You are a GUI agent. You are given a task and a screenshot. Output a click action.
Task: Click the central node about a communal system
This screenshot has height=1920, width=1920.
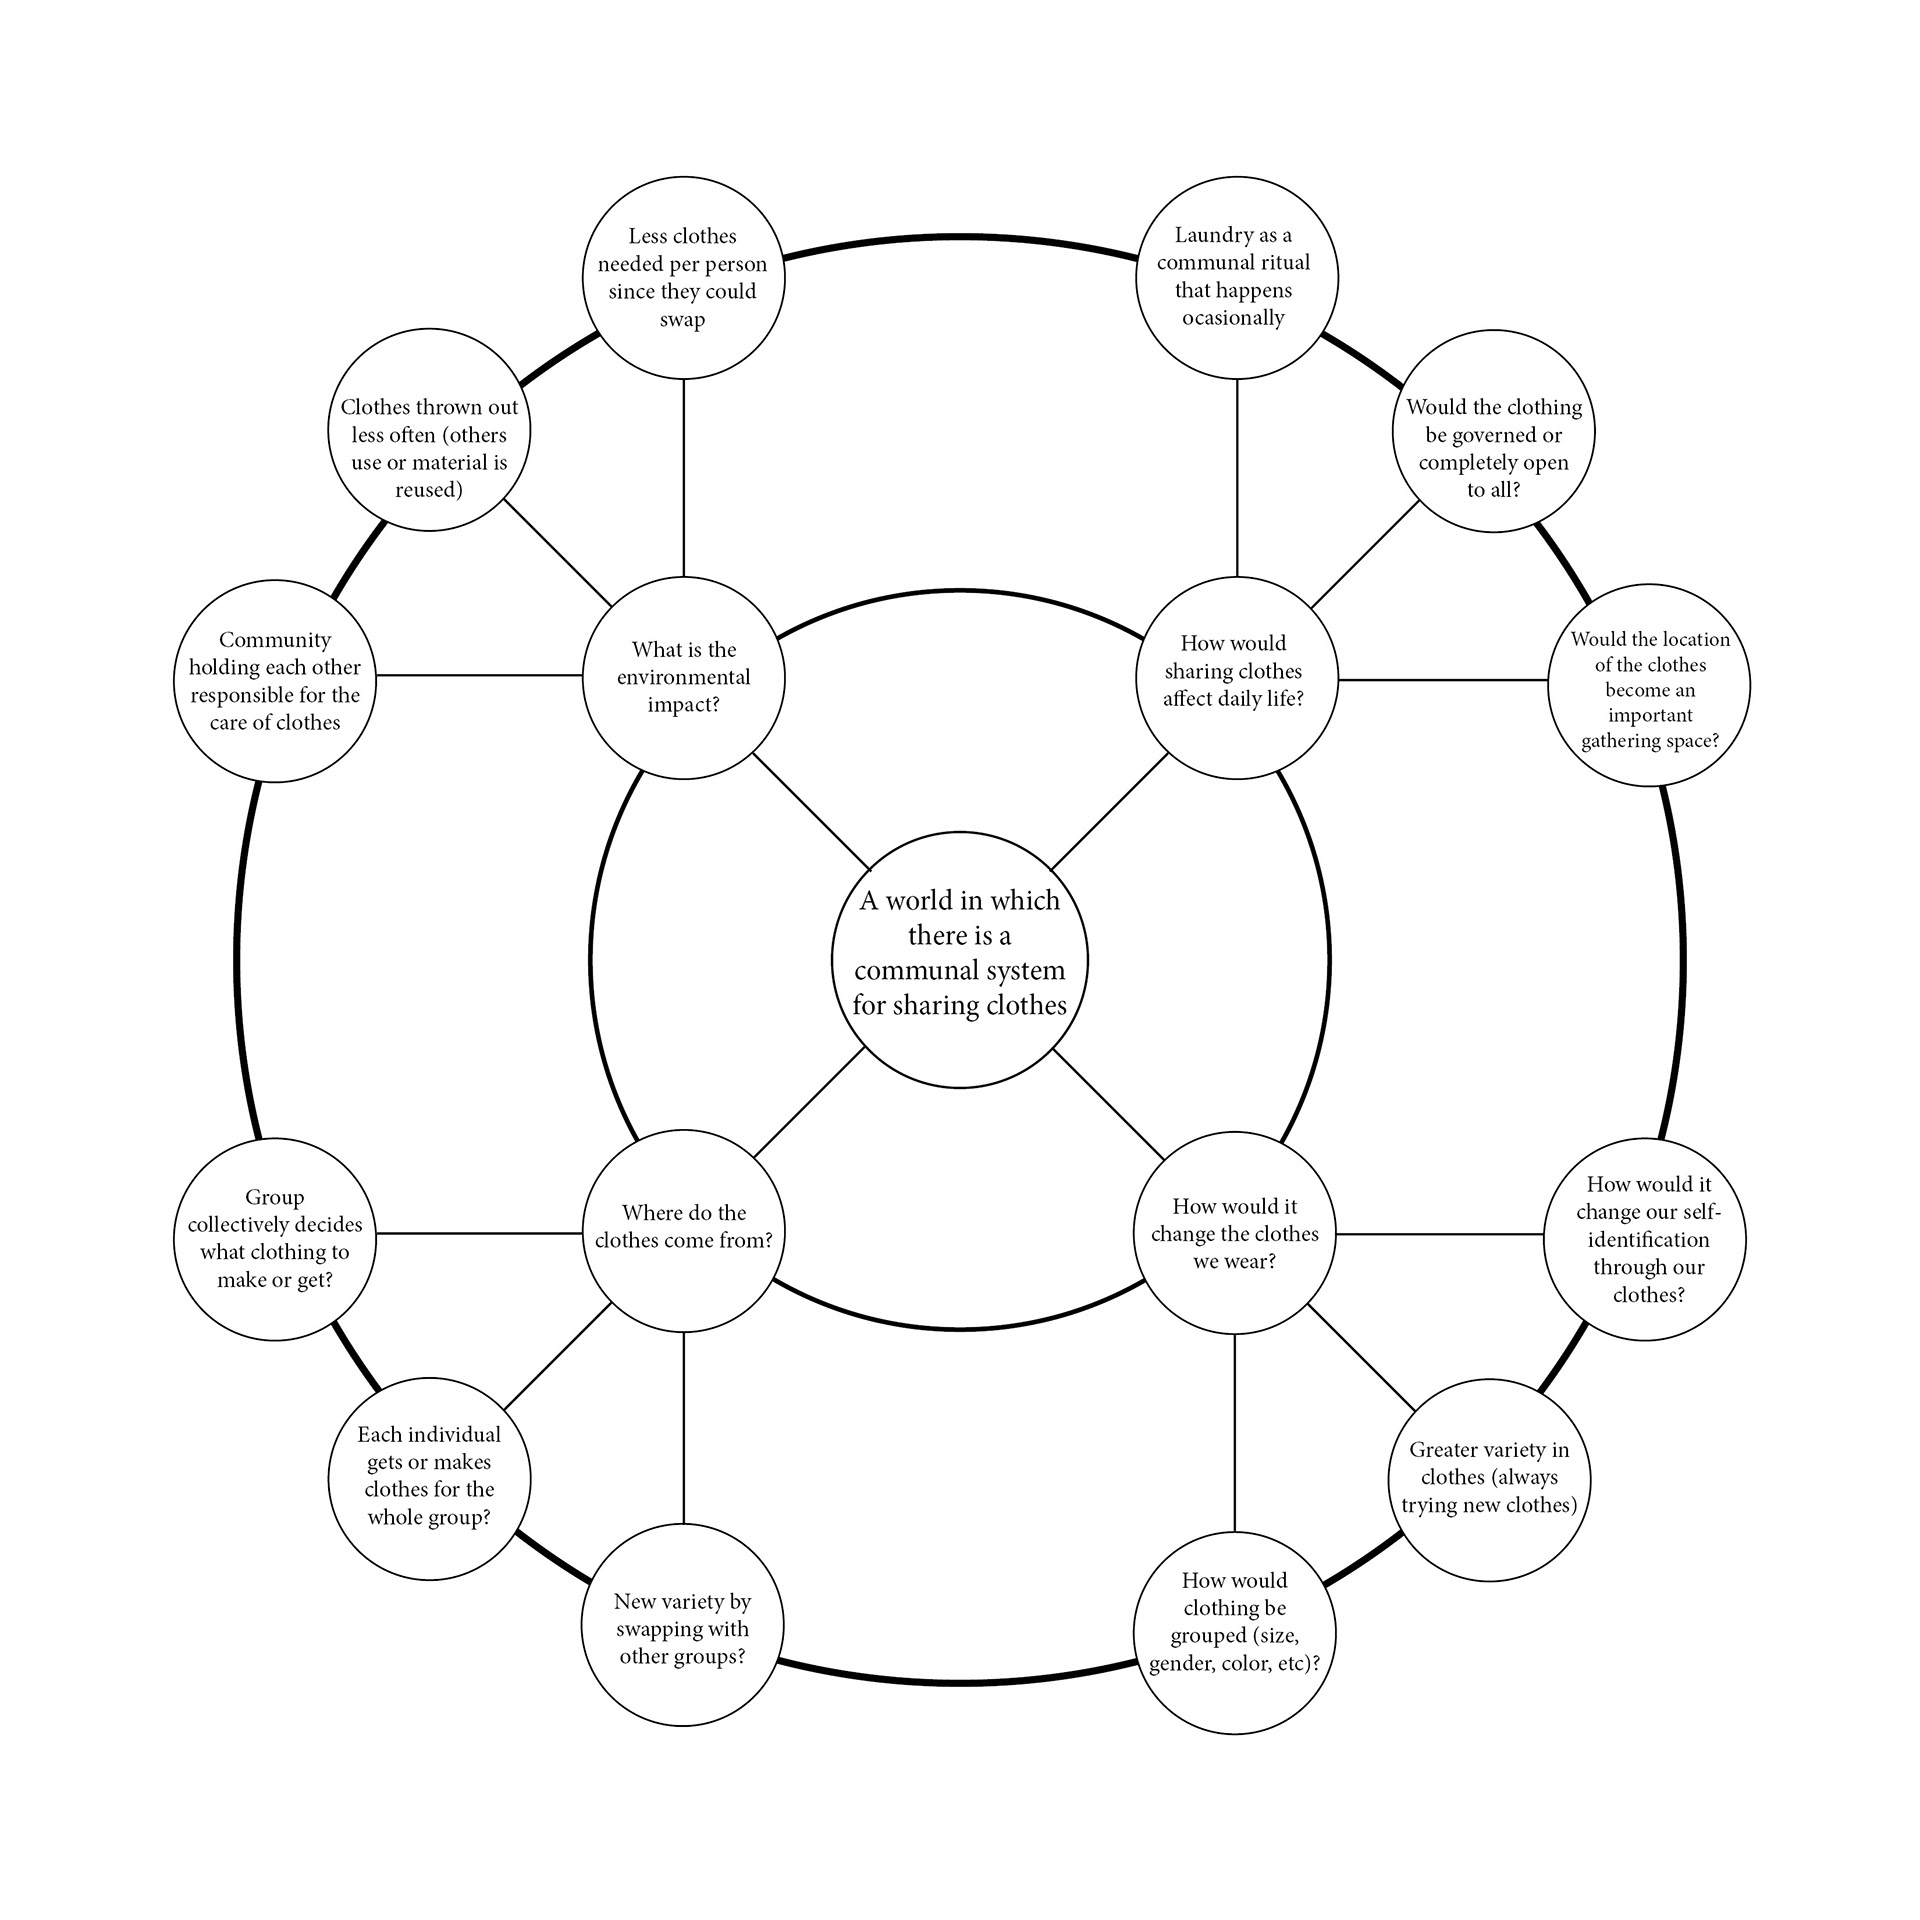tap(959, 959)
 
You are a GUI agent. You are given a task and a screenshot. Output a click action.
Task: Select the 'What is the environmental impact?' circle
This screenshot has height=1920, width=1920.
tap(683, 677)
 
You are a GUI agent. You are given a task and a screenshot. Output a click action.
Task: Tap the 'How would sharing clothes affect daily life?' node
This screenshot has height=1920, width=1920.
tap(1236, 677)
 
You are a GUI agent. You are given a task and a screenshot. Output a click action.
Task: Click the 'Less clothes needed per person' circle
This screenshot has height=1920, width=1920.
tap(683, 277)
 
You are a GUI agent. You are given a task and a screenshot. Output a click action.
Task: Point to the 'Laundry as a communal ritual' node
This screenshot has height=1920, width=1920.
tap(1236, 277)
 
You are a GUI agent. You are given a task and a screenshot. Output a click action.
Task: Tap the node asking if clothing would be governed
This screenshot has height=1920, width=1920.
tap(1493, 432)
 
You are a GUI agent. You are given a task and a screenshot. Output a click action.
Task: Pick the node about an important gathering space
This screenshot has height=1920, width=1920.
tap(1649, 685)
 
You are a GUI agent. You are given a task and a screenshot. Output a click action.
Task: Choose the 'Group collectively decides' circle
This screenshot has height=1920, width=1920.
tap(275, 1238)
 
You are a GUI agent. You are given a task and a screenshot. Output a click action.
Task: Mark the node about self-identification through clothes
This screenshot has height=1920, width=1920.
tap(1645, 1239)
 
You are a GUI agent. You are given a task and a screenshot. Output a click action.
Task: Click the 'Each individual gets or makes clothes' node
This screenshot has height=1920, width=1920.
tap(429, 1479)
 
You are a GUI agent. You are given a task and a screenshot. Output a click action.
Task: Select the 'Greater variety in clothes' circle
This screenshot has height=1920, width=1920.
tap(1489, 1480)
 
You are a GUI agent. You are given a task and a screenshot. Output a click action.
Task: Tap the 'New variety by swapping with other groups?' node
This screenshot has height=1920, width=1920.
tap(682, 1625)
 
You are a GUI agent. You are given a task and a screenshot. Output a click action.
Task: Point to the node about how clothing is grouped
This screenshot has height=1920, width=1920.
tap(1234, 1633)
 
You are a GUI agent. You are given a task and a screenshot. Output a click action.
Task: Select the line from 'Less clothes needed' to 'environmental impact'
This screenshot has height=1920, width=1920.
tap(684, 477)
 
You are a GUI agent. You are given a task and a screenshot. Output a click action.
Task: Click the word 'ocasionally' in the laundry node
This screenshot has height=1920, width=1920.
tap(1233, 318)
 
